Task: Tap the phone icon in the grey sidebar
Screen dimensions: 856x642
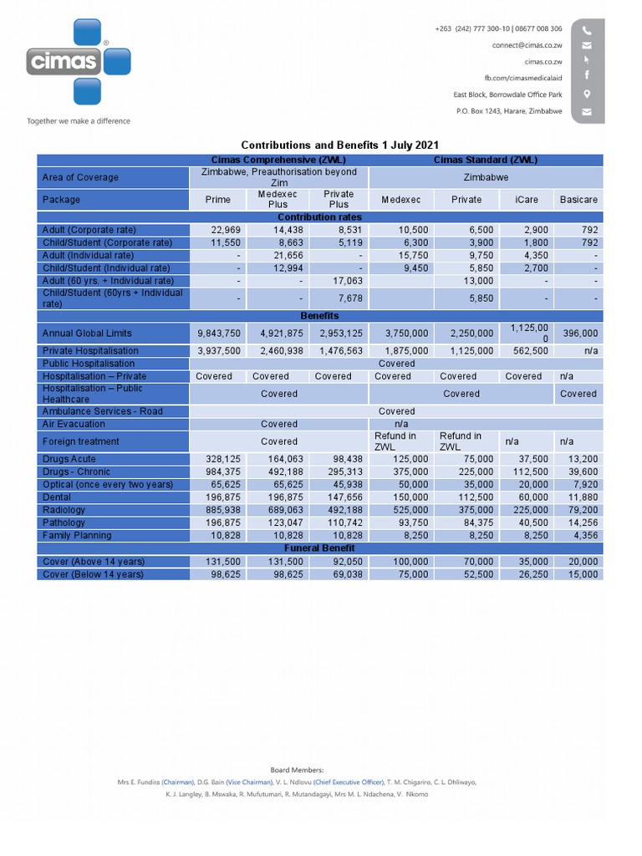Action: point(587,29)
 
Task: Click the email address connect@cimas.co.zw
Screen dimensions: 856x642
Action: point(527,45)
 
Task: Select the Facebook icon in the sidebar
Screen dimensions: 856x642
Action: point(587,76)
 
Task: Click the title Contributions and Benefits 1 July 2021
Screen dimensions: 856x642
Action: point(339,145)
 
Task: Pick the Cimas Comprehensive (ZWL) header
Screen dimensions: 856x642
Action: point(278,160)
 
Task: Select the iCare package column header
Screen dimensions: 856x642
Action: point(527,200)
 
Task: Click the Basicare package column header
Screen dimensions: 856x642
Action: point(578,200)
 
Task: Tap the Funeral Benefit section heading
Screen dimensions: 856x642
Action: point(319,548)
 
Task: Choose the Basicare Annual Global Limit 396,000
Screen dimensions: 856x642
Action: point(579,334)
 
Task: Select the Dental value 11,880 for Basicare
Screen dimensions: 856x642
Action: point(583,497)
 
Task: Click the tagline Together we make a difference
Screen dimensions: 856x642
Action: point(79,121)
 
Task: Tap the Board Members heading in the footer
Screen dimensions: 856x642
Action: point(297,770)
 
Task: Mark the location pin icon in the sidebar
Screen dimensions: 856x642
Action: point(587,94)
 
